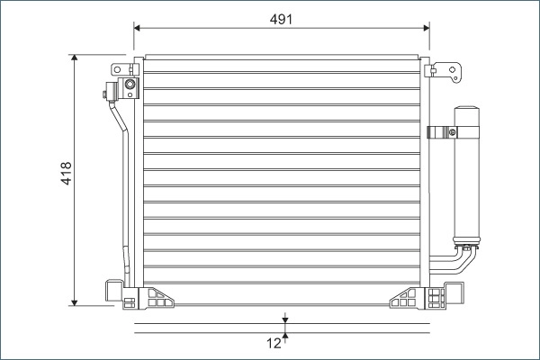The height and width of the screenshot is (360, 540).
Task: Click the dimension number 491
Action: pyautogui.click(x=280, y=16)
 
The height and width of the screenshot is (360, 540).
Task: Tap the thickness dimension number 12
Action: pyautogui.click(x=273, y=342)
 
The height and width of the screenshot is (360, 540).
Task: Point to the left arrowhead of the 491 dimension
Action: pyautogui.click(x=138, y=27)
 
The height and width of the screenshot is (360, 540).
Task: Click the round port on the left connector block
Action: pyautogui.click(x=130, y=86)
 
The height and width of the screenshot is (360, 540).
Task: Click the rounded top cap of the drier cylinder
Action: pyautogui.click(x=468, y=112)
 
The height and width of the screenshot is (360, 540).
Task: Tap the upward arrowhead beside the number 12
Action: pyautogui.click(x=285, y=337)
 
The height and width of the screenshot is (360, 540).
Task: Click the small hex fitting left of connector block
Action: pyautogui.click(x=107, y=89)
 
